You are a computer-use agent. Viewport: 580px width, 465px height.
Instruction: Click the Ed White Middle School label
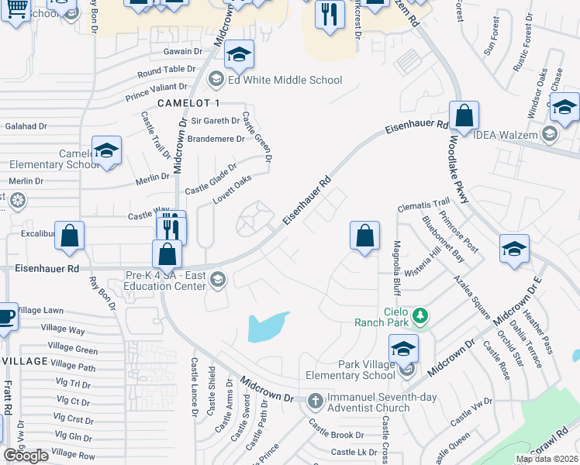(284, 80)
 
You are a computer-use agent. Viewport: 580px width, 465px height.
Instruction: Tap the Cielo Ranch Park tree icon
(419, 315)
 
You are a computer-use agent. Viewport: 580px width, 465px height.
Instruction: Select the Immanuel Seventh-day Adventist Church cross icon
(315, 401)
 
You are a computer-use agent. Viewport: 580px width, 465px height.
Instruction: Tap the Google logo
(26, 456)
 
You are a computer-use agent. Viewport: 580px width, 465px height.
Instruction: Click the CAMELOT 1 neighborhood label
(189, 103)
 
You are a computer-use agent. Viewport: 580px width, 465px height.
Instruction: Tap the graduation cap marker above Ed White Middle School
(240, 54)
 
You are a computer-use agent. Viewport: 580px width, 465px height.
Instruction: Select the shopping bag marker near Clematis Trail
(364, 235)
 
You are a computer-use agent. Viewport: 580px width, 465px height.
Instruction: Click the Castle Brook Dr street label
(337, 436)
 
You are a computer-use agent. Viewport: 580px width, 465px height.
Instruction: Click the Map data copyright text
(547, 459)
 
